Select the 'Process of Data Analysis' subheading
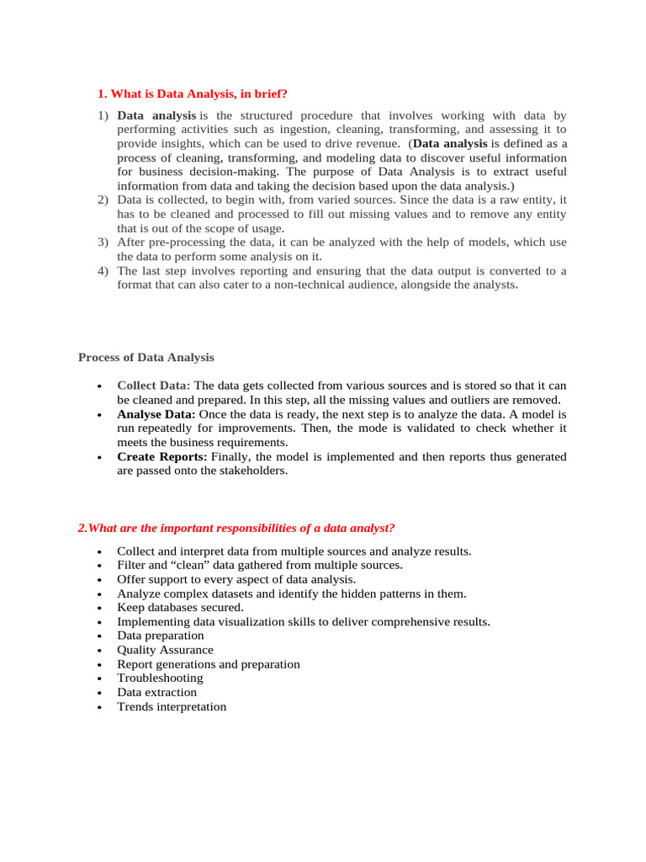pyautogui.click(x=146, y=357)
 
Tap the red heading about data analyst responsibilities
pyautogui.click(x=236, y=528)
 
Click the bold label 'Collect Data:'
pyautogui.click(x=154, y=386)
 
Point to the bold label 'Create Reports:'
pyautogui.click(x=162, y=456)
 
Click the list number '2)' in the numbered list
pyautogui.click(x=103, y=200)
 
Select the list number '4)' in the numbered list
pyautogui.click(x=103, y=271)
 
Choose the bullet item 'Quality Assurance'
pyautogui.click(x=165, y=650)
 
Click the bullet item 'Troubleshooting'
pyautogui.click(x=160, y=678)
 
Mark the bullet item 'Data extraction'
pyautogui.click(x=156, y=692)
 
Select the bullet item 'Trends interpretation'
pyautogui.click(x=172, y=706)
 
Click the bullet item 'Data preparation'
pyautogui.click(x=161, y=636)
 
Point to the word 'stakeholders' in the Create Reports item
pyautogui.click(x=252, y=471)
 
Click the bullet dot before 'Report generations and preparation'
pyautogui.click(x=100, y=665)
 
